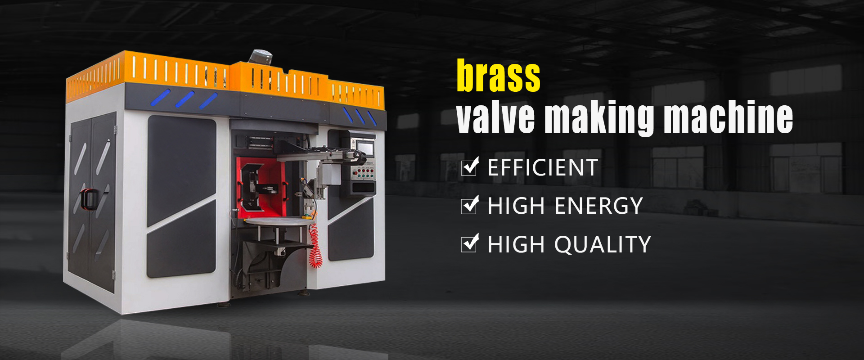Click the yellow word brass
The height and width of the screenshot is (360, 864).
(499, 76)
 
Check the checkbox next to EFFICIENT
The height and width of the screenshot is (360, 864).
(469, 167)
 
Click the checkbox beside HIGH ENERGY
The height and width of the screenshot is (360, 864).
(469, 205)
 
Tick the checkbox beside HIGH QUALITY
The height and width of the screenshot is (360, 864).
(469, 243)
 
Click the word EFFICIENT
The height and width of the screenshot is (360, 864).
(543, 168)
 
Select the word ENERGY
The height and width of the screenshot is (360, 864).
(598, 206)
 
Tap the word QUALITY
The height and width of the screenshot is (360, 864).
(603, 244)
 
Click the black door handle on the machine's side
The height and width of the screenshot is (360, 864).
(88, 199)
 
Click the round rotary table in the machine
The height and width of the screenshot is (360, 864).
(278, 220)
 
